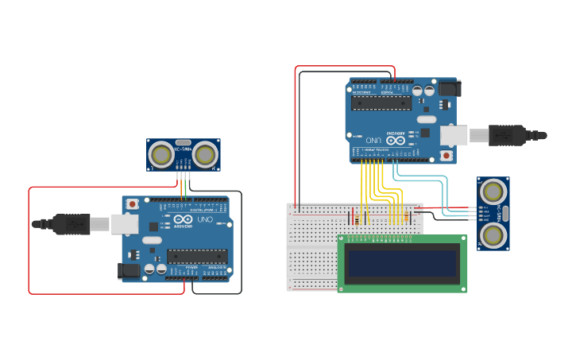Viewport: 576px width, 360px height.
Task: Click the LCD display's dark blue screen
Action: click(402, 262)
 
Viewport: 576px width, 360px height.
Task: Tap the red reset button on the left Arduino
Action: click(132, 204)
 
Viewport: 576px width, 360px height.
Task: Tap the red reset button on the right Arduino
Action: click(446, 156)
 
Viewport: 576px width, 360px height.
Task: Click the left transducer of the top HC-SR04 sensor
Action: click(162, 153)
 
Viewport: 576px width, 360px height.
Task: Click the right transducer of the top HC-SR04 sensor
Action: click(206, 153)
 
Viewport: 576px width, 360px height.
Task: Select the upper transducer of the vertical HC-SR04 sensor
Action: click(493, 191)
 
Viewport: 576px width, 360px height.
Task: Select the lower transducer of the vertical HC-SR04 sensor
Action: click(493, 234)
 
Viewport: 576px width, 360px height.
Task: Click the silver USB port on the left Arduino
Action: click(124, 225)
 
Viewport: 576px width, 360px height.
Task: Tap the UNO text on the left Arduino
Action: click(205, 219)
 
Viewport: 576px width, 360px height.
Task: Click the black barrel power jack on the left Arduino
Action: click(129, 270)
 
